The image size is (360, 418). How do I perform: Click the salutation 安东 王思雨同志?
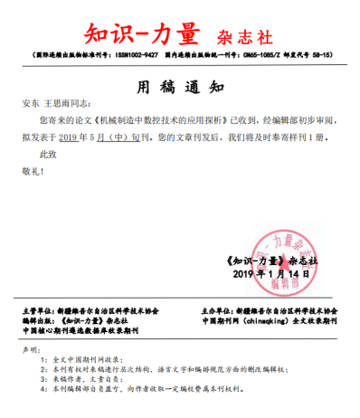[x=62, y=105]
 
